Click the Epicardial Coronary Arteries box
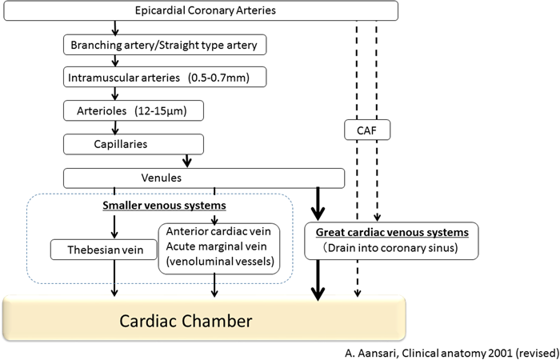click(x=200, y=11)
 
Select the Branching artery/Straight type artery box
click(x=163, y=45)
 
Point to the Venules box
click(x=204, y=177)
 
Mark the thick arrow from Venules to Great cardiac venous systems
click(x=318, y=203)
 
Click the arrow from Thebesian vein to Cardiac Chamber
click(x=115, y=281)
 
